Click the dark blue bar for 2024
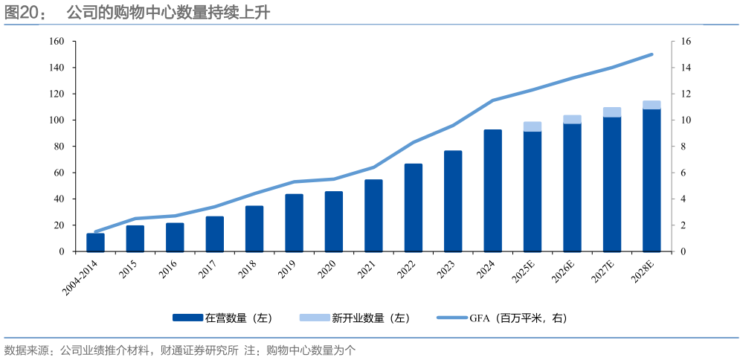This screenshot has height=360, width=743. [x=492, y=191]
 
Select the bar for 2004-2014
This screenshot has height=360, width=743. [x=95, y=242]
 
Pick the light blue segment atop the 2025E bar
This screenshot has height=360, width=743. [x=533, y=126]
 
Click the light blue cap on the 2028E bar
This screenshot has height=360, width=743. [x=652, y=105]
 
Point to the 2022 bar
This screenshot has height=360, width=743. [x=413, y=208]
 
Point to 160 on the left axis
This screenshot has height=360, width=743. [x=57, y=42]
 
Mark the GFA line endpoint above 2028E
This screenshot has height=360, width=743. [x=652, y=54]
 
